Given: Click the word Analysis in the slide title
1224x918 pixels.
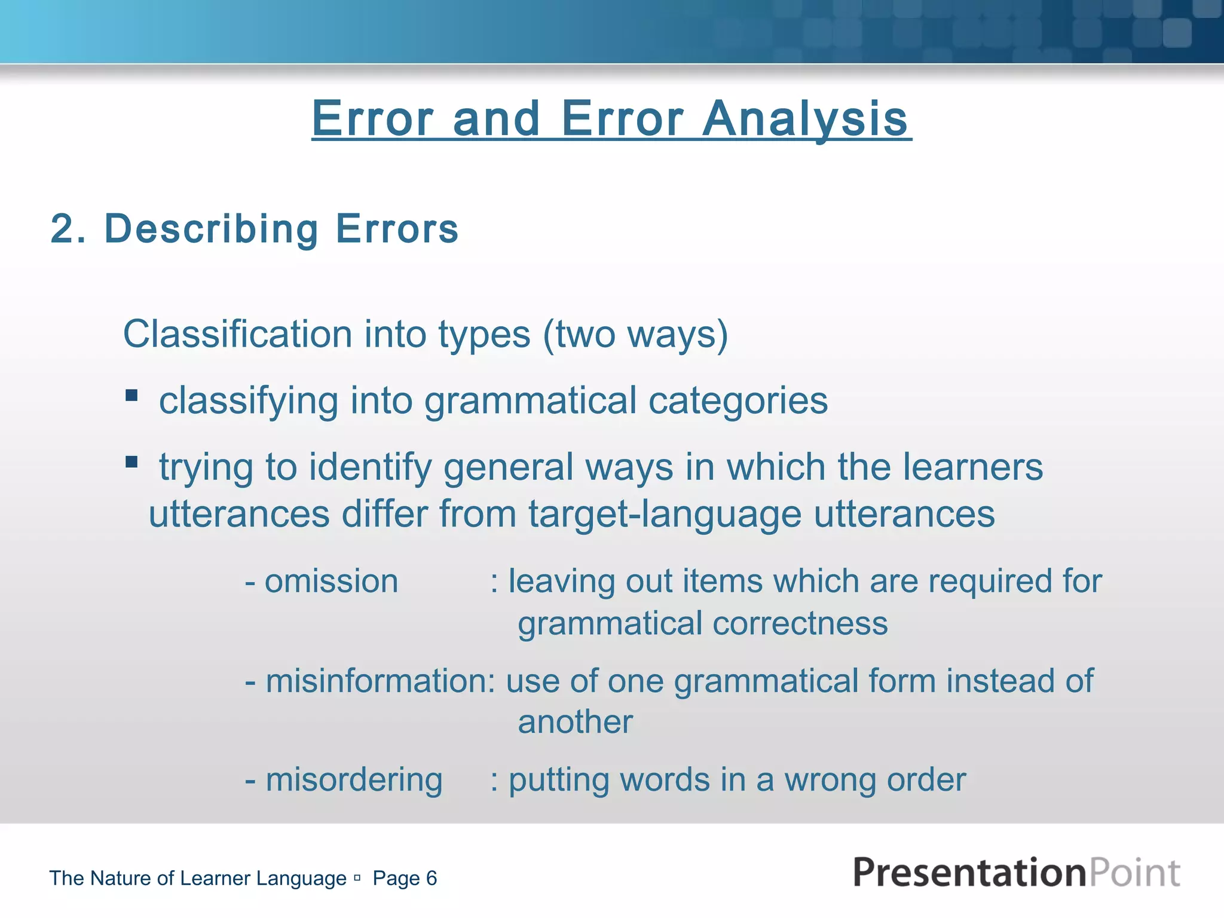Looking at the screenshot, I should click(x=805, y=120).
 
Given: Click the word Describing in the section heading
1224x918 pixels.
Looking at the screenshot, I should click(x=212, y=229).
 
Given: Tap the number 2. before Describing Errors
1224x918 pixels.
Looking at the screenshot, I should click(x=68, y=229).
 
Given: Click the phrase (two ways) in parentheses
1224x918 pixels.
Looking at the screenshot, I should click(x=635, y=335).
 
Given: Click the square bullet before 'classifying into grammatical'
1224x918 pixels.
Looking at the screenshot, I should click(x=131, y=396).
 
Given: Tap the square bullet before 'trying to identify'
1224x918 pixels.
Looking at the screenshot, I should click(x=131, y=462).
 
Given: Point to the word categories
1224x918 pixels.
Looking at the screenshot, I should click(x=738, y=400).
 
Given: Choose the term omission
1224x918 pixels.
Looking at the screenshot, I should click(x=331, y=582).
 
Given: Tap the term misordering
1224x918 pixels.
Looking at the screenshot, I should click(x=354, y=780).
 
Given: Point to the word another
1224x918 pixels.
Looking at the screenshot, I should click(x=575, y=722).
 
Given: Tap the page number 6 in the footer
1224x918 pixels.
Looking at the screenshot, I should click(x=431, y=878).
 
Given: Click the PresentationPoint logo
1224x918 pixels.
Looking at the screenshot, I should click(x=1016, y=873).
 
